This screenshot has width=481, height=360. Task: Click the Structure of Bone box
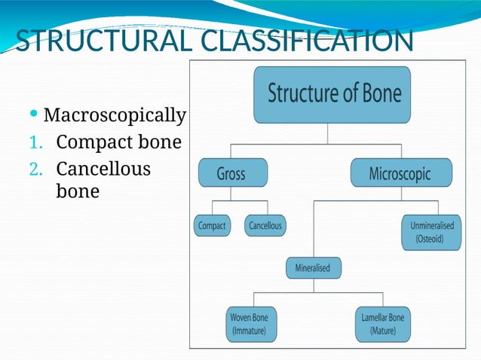click(332, 95)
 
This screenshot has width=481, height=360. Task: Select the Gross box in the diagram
click(231, 173)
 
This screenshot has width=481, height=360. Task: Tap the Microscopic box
click(400, 173)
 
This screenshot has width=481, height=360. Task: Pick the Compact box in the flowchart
click(212, 225)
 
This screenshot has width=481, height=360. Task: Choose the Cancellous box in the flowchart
click(265, 225)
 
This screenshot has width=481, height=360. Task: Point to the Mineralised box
click(314, 267)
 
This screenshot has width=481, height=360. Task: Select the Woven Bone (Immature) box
click(249, 324)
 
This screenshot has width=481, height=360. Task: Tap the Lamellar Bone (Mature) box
click(383, 324)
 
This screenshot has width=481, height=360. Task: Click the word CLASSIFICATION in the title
click(305, 41)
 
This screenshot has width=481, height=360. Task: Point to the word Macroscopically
click(115, 115)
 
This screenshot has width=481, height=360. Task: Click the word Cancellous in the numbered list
click(103, 168)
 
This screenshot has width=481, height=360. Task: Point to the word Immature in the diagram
click(249, 331)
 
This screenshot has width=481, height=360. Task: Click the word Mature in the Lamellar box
click(383, 331)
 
